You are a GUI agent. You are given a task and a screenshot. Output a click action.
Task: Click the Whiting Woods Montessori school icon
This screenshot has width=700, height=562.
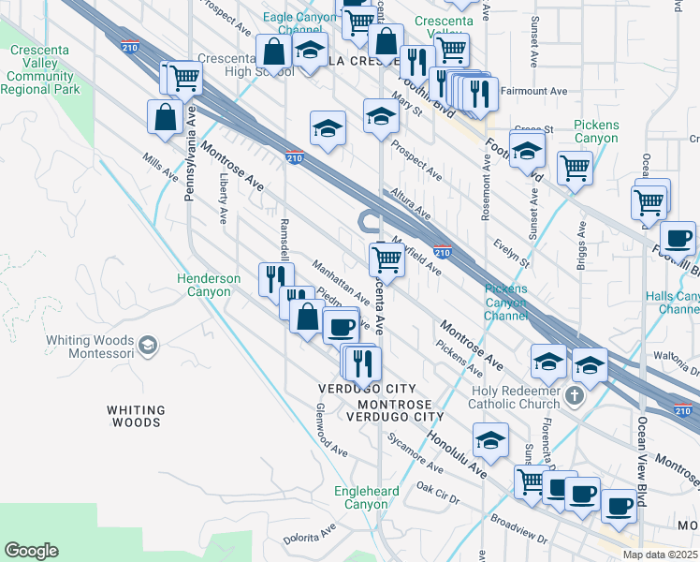coord(147,347)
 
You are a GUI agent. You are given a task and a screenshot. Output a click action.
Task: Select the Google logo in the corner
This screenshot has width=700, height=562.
coord(31,551)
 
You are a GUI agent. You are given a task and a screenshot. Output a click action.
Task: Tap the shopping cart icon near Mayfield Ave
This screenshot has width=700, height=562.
coord(386,259)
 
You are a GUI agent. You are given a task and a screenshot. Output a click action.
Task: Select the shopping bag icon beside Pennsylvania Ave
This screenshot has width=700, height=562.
coord(165,117)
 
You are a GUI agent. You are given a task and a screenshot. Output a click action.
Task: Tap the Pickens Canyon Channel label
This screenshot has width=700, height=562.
coord(505,303)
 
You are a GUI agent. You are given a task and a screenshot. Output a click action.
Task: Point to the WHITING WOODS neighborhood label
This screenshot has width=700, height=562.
coord(135,416)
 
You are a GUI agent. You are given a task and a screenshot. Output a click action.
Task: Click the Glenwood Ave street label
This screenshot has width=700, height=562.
coord(332,431)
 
